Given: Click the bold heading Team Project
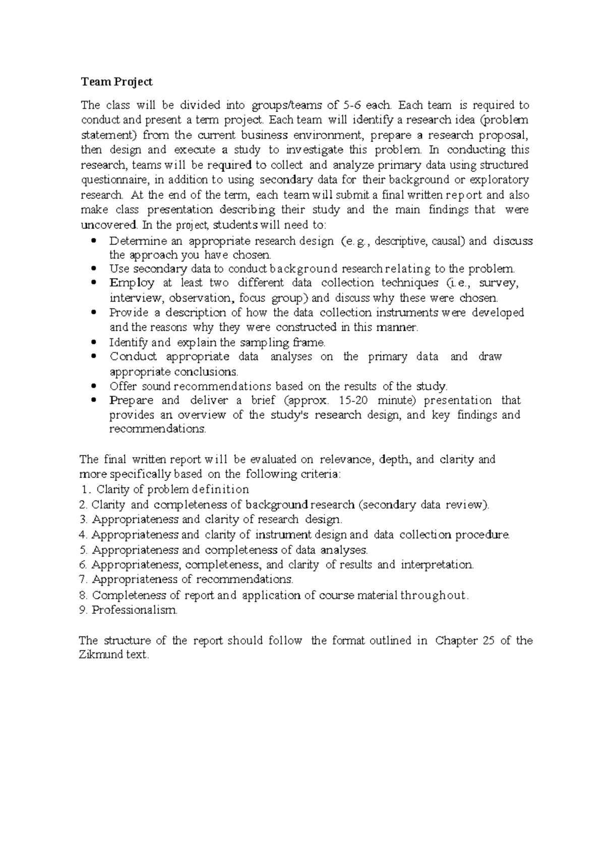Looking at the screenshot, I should coord(116,82).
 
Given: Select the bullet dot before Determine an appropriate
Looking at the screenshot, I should coord(94,241).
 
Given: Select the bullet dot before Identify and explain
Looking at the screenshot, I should coord(94,343).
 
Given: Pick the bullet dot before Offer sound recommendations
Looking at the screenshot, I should coord(94,387).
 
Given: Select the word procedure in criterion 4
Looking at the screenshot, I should coord(482,535).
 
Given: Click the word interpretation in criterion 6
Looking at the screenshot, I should coord(437,564).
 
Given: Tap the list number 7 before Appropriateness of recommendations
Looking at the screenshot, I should coord(83,580).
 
